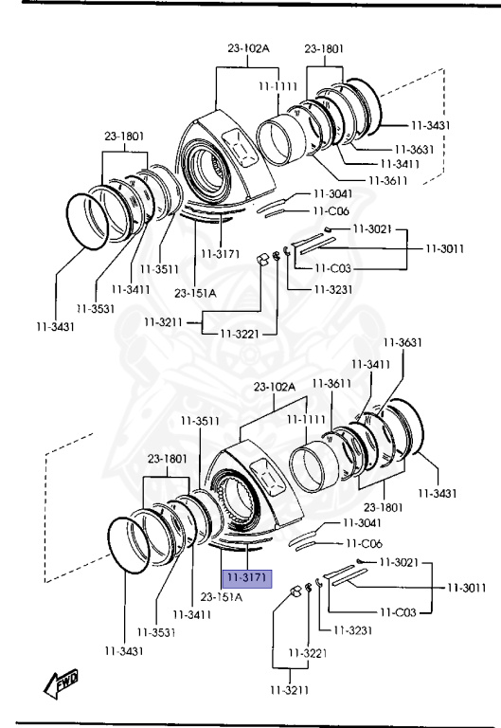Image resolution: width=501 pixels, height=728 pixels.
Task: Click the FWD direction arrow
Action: tap(61, 683)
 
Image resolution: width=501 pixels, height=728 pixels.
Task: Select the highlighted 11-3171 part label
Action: tap(247, 578)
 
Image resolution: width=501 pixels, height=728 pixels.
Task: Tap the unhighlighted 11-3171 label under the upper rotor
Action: tap(221, 254)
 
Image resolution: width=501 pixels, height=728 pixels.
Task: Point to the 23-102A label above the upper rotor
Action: tap(248, 47)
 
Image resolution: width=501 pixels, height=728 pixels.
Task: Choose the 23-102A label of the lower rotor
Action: tap(275, 387)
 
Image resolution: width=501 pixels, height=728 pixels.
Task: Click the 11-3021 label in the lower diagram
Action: tap(399, 562)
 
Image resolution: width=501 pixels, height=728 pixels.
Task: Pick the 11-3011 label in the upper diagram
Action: tap(445, 248)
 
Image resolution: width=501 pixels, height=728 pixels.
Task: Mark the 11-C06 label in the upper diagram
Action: tap(331, 211)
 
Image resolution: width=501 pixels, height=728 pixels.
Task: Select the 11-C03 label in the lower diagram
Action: tap(398, 612)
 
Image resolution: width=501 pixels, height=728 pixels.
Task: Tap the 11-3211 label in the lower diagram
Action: tap(290, 690)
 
